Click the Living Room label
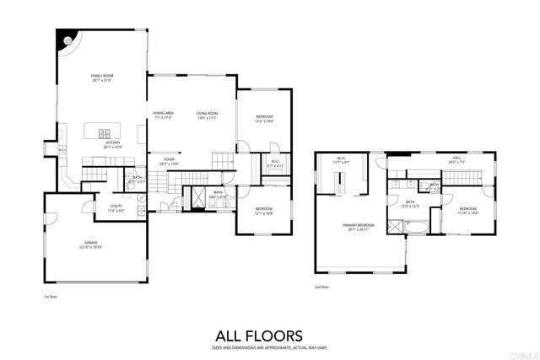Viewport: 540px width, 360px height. click(x=208, y=115)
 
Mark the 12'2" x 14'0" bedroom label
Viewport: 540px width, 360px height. click(x=265, y=119)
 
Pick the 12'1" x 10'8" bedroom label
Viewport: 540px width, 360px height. click(x=264, y=211)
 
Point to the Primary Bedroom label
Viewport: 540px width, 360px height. click(x=357, y=226)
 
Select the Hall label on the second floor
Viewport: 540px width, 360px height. click(x=456, y=158)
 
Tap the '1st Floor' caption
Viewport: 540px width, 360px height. click(x=51, y=297)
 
